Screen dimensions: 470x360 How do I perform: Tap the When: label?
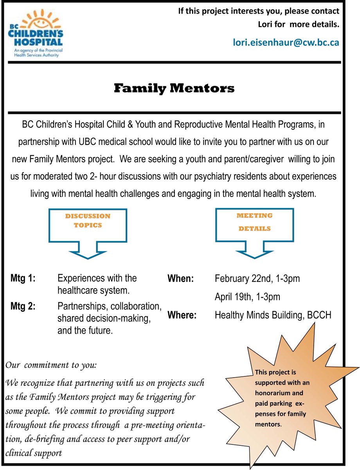[x=181, y=278]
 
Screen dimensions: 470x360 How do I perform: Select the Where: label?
[x=182, y=315]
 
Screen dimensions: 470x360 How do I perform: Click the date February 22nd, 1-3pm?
[x=257, y=278]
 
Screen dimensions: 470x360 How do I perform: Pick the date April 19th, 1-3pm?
[x=247, y=296]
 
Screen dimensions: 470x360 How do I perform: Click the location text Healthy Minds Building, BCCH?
[x=273, y=315]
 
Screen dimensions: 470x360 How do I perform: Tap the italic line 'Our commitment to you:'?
[x=51, y=365]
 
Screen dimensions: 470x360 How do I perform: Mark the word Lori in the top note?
[x=266, y=24]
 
